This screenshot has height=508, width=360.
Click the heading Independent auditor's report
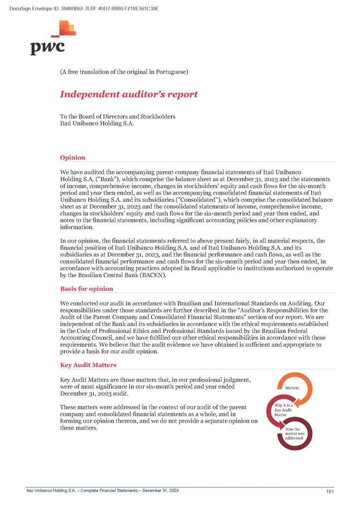[x=129, y=94]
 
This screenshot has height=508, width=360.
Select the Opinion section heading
[x=72, y=158]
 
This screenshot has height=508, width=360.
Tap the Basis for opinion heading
[x=86, y=288]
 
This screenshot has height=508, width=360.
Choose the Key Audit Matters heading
[x=88, y=364]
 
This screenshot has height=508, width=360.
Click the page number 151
[x=329, y=491]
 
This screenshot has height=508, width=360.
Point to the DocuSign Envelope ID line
[x=84, y=8]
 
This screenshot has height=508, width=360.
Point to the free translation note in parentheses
[x=124, y=72]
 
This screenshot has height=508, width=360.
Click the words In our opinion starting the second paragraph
[x=79, y=241]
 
